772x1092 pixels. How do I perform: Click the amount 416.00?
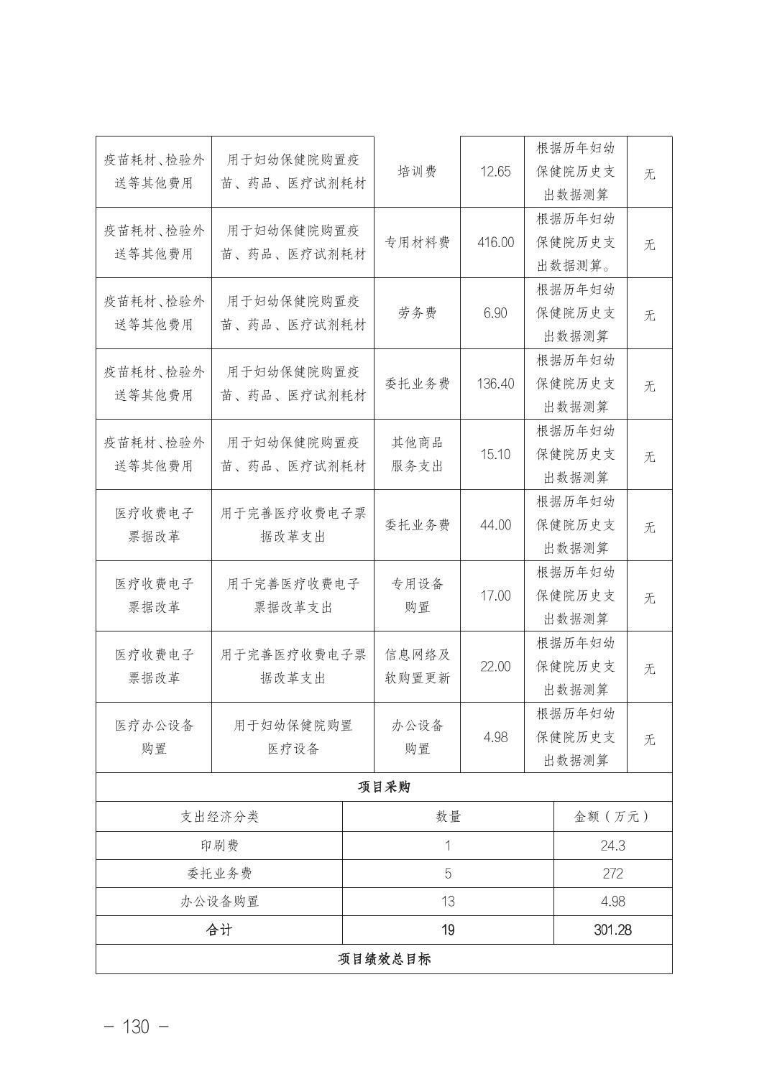tap(495, 243)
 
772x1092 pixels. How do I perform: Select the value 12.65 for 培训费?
tap(495, 172)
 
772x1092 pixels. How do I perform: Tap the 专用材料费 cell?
tap(417, 243)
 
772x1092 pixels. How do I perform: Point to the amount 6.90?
tap(495, 313)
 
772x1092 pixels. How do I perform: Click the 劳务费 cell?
tap(417, 313)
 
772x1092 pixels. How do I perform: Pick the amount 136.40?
tap(495, 384)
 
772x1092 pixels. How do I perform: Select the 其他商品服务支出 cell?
tap(417, 454)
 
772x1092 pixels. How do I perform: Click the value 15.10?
tap(495, 454)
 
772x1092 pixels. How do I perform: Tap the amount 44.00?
tap(495, 525)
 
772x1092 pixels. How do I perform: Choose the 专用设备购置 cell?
tap(417, 596)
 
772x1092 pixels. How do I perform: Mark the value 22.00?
tap(495, 667)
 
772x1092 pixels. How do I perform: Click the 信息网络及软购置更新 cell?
tap(417, 667)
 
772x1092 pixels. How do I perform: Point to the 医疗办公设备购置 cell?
tap(154, 737)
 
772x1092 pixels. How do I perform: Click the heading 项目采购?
tap(384, 787)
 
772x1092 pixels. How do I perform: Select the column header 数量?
tap(448, 817)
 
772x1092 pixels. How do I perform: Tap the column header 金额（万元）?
tap(612, 817)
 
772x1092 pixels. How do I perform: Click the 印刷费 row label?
tap(219, 846)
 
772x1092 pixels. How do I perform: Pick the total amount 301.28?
tap(612, 930)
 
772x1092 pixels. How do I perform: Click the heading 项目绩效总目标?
tap(384, 959)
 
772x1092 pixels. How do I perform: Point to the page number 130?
tap(137, 1027)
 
